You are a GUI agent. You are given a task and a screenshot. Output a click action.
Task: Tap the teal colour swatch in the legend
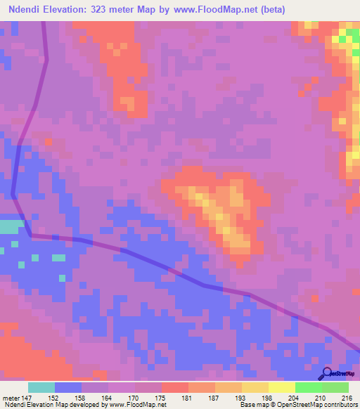[41, 387]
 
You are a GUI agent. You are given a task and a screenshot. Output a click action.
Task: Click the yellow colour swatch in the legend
[281, 387]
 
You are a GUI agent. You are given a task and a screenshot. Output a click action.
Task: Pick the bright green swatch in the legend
[308, 387]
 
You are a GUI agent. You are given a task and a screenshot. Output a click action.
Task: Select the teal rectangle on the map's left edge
[11, 227]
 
